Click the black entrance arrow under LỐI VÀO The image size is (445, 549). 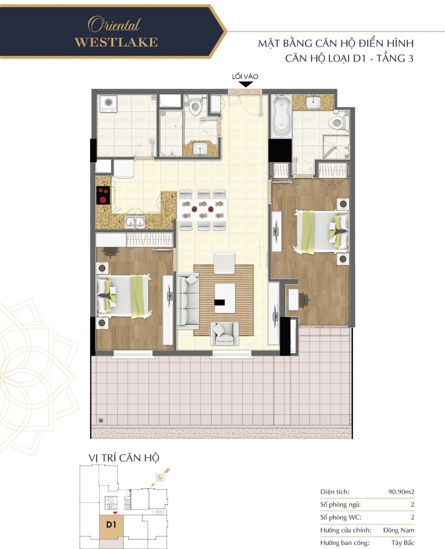[x=245, y=84]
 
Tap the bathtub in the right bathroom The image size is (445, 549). [x=282, y=116]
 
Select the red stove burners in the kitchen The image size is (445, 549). [x=103, y=195]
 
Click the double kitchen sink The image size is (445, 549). [x=135, y=222]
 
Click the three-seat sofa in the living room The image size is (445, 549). [x=188, y=301]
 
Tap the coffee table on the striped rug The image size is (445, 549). [x=225, y=298]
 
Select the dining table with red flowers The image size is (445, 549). [x=202, y=210]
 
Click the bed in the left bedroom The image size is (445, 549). [x=123, y=296]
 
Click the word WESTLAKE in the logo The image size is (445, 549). [x=116, y=42]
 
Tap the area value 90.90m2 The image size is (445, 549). [x=401, y=492]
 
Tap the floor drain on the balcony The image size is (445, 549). [x=101, y=420]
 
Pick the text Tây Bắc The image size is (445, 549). [x=403, y=543]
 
